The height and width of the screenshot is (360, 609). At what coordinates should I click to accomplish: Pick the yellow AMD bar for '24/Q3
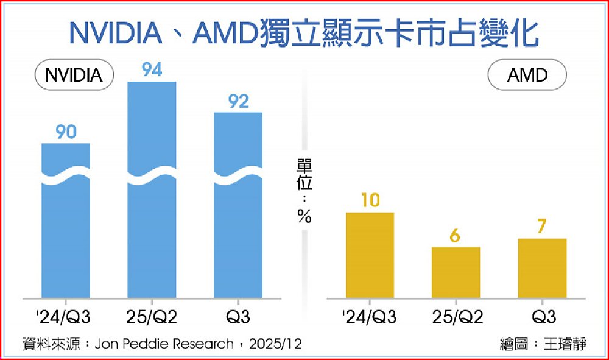[370, 256]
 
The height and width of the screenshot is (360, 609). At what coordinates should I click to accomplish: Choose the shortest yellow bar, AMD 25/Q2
[456, 272]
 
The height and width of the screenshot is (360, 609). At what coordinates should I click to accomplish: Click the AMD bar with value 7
[542, 268]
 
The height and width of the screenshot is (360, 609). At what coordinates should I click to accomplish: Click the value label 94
[152, 70]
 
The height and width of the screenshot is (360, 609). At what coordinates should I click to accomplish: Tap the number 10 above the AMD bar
[370, 200]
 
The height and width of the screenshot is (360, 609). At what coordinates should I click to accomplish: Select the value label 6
[456, 235]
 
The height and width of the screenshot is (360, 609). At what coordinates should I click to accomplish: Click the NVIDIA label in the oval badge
[74, 76]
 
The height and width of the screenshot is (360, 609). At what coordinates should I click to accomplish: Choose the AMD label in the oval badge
[527, 76]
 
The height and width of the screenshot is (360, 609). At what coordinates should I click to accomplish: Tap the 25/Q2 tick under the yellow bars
[456, 317]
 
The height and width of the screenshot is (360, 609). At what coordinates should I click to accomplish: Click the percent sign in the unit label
[304, 216]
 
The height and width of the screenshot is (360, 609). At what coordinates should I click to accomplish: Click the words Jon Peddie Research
[164, 344]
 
